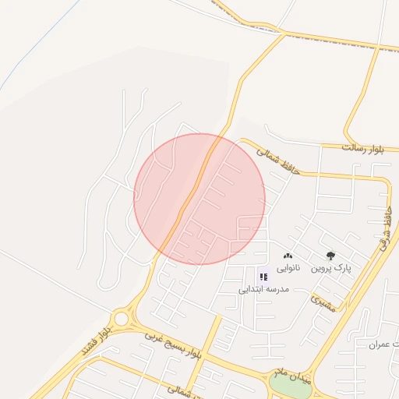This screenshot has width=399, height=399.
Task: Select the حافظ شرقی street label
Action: (384, 227)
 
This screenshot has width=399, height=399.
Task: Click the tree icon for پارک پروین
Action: (330, 256)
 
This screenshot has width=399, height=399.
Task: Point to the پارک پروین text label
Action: (331, 268)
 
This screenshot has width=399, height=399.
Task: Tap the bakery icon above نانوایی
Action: (288, 256)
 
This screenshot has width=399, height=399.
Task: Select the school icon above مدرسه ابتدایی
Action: (263, 277)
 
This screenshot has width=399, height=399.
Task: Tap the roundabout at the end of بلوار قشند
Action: (121, 318)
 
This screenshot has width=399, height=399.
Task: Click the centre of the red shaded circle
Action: (199, 199)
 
